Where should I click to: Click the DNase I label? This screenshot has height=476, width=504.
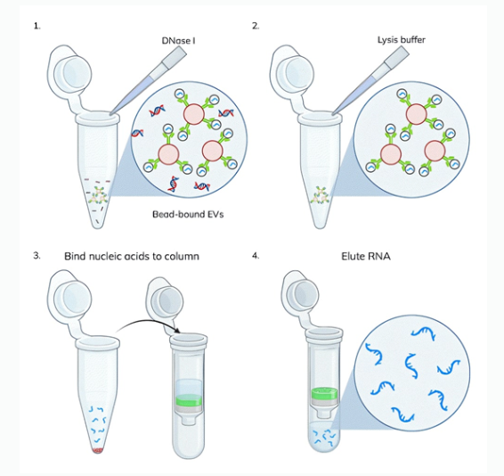pos(178,41)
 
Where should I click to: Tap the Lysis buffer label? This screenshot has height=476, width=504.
pos(401,40)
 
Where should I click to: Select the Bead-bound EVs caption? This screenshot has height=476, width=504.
pos(188,214)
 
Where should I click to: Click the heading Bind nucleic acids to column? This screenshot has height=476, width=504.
pos(132,256)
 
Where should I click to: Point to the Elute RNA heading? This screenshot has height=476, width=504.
pos(366,257)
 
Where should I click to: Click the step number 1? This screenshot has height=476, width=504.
pos(37,26)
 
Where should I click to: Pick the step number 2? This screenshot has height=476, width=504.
pos(256,26)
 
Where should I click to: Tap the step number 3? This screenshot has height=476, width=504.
pos(37,256)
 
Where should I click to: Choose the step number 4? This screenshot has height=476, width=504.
pos(256,256)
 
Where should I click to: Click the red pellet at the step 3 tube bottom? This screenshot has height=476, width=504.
pos(98,450)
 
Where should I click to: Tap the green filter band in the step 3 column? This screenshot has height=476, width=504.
pos(189,399)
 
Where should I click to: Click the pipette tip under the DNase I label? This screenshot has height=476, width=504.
pos(148,83)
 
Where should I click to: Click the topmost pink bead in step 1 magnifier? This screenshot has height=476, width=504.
pos(194,114)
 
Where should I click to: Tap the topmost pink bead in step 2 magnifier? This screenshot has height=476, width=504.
pos(416,114)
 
